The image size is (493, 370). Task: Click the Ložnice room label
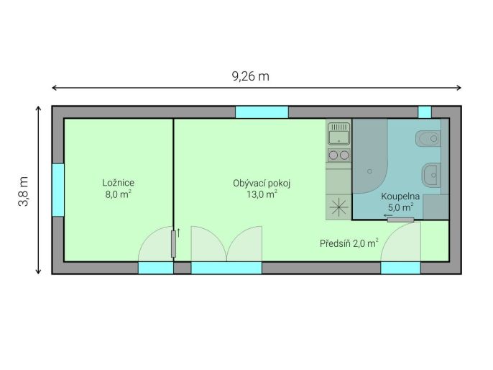click(x=118, y=183)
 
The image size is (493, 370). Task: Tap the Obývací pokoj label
click(x=262, y=184)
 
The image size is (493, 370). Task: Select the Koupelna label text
click(x=400, y=197)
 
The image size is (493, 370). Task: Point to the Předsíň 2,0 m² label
click(x=349, y=243)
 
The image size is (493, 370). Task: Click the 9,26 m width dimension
click(x=251, y=76)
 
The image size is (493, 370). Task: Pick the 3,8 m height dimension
click(x=24, y=191)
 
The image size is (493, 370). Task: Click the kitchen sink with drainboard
click(x=338, y=134)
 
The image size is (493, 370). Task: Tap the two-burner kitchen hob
click(x=338, y=155)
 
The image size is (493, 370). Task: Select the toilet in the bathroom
click(x=428, y=138)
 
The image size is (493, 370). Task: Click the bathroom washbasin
click(x=431, y=175)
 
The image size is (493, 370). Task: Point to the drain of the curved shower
click(x=369, y=171)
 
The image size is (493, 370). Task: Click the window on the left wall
click(x=58, y=190)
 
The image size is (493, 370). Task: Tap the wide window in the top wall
click(x=262, y=112)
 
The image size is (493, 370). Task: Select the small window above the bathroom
click(x=425, y=112)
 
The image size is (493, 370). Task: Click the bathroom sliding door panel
click(x=400, y=220)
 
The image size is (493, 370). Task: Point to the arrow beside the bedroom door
click(x=178, y=233)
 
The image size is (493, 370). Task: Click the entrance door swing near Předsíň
click(x=401, y=242)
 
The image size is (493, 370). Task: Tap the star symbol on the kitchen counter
click(x=338, y=207)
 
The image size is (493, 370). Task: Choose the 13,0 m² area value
click(x=262, y=194)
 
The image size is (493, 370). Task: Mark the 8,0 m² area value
click(x=118, y=194)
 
